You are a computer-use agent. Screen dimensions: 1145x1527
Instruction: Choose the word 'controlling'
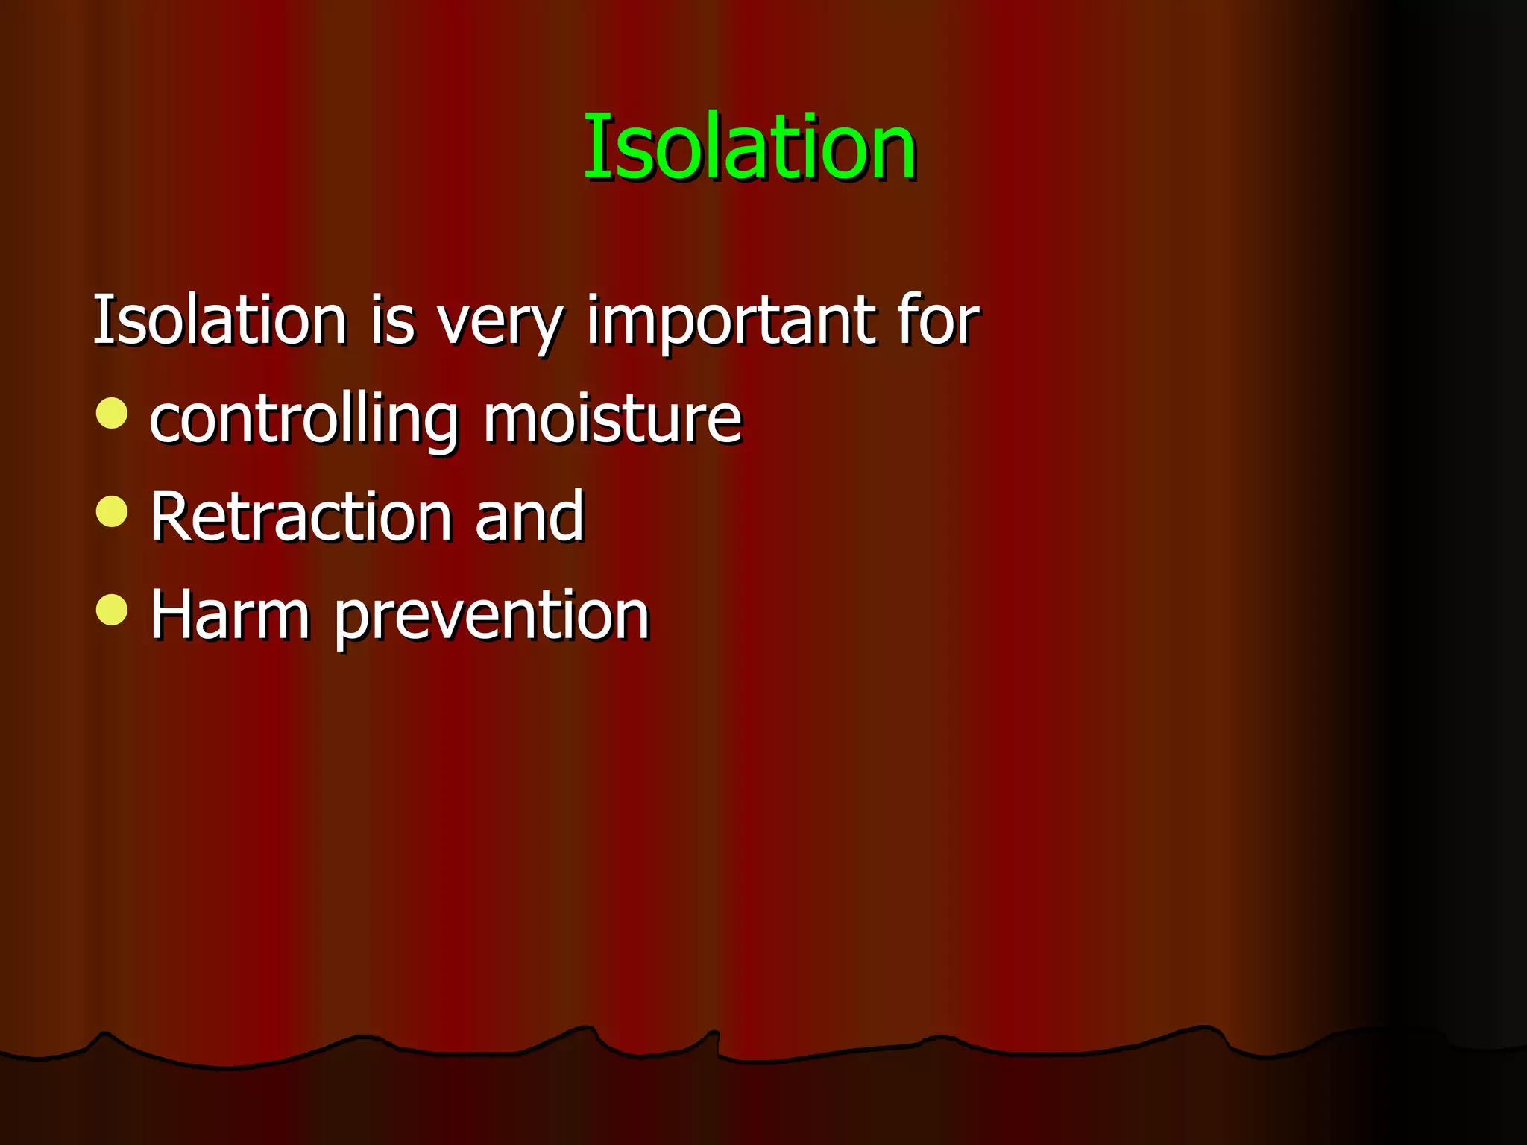303,420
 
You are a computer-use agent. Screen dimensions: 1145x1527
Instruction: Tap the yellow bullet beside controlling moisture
112,413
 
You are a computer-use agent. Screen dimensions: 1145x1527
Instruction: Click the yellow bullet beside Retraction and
112,511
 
